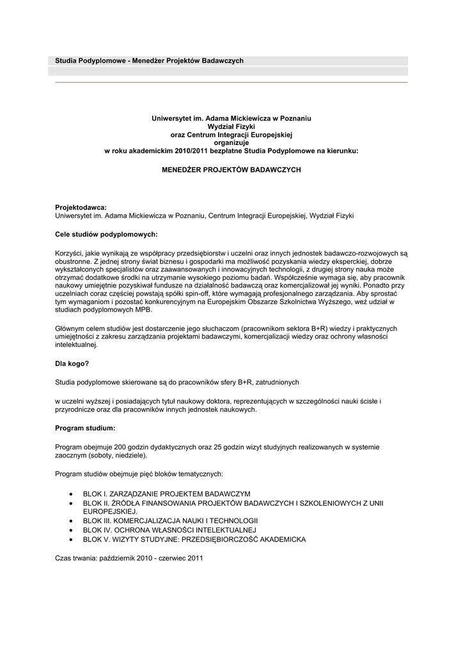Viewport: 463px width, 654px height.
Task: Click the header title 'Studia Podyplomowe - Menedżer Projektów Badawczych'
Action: tap(149, 61)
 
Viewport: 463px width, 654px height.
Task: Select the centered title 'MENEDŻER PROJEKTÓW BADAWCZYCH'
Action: tap(231, 171)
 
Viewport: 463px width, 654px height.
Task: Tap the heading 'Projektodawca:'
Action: tap(81, 208)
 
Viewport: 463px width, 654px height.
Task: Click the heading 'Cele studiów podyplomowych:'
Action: tap(106, 234)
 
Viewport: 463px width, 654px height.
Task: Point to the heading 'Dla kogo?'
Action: tap(72, 363)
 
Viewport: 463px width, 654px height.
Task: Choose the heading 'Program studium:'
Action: tap(85, 428)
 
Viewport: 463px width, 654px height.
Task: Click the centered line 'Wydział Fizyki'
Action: tap(231, 127)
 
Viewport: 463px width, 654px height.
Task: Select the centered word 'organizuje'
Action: tap(231, 143)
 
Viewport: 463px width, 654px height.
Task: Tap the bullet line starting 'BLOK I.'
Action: tap(166, 494)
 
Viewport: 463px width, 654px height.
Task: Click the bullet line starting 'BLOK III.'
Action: tap(170, 521)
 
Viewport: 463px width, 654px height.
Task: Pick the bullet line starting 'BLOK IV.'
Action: tap(169, 530)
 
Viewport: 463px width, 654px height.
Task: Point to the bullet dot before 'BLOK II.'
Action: tap(70, 503)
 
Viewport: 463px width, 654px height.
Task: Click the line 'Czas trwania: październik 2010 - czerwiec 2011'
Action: tap(129, 558)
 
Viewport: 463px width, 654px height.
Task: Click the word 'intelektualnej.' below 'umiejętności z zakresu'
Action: tap(77, 344)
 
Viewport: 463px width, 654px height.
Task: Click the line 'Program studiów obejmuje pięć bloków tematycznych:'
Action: tap(139, 474)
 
